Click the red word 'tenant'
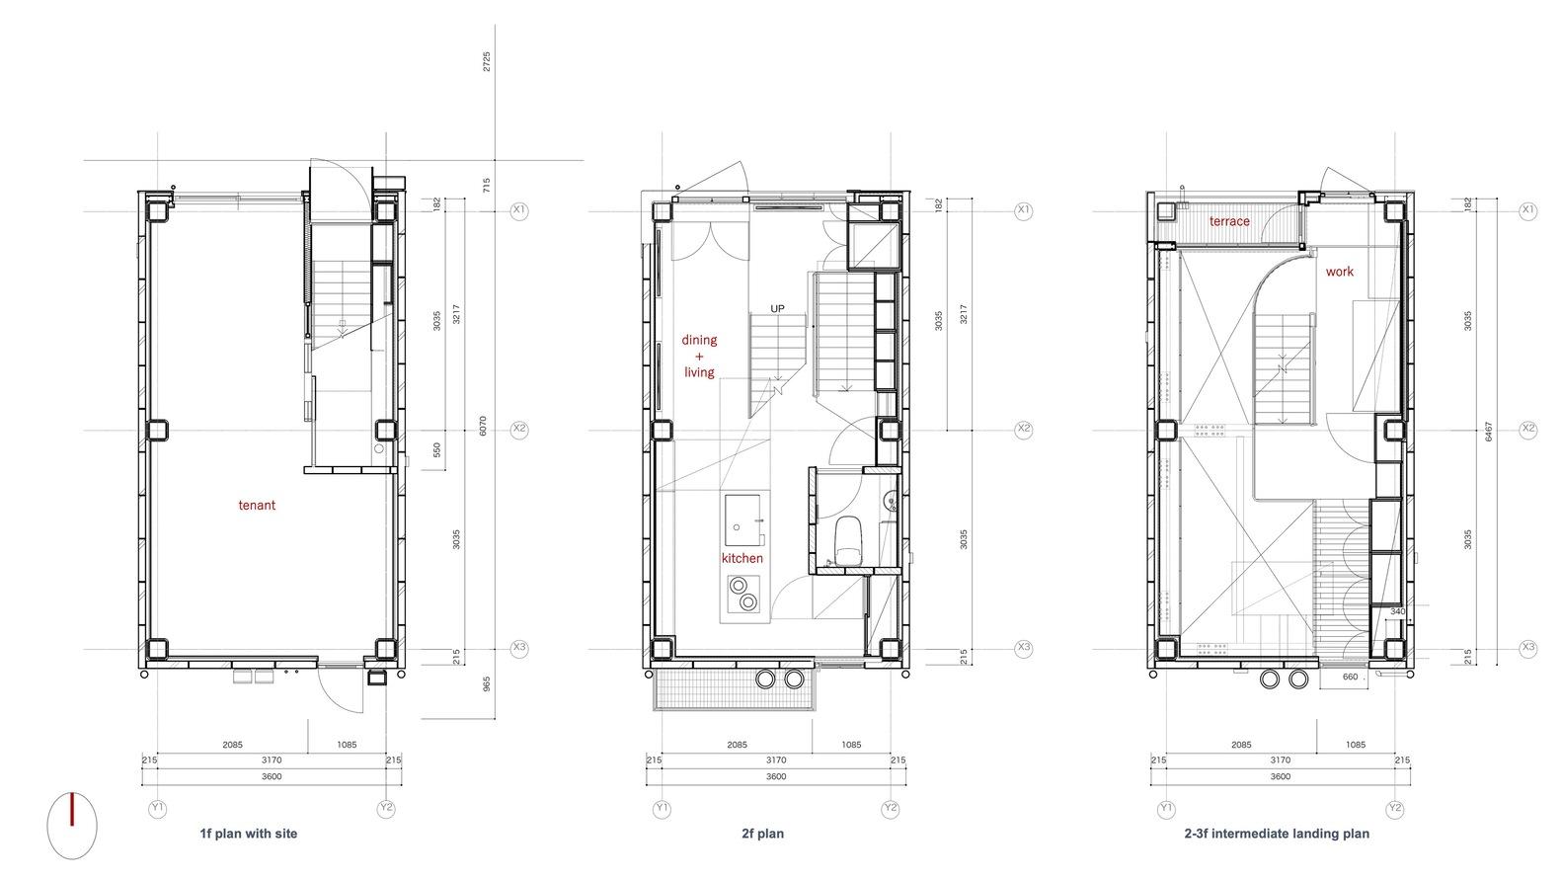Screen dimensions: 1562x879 pos(257,505)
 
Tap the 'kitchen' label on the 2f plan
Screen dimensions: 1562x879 pos(742,558)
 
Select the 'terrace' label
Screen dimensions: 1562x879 pos(1229,221)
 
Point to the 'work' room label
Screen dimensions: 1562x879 pos(1340,272)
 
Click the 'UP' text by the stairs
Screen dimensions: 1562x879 pos(777,308)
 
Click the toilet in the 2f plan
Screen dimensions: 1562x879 pos(848,540)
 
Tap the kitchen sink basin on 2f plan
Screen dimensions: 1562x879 pos(742,520)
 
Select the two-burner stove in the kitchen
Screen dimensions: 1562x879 pos(743,594)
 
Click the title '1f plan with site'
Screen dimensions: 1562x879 pos(248,833)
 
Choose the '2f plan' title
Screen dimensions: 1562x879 pos(763,833)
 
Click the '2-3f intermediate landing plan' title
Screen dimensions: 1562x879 pos(1277,833)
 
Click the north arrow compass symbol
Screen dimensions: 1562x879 pos(72,826)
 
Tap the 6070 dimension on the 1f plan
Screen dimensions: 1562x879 pos(483,427)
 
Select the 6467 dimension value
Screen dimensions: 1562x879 pos(1489,432)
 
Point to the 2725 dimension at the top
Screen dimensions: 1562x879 pos(487,61)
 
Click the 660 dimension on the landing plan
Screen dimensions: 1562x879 pos(1350,677)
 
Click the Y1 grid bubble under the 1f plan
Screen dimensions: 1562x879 pos(158,809)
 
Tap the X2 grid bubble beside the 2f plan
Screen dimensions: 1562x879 pos(1024,429)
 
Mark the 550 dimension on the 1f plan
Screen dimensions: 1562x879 pos(437,450)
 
